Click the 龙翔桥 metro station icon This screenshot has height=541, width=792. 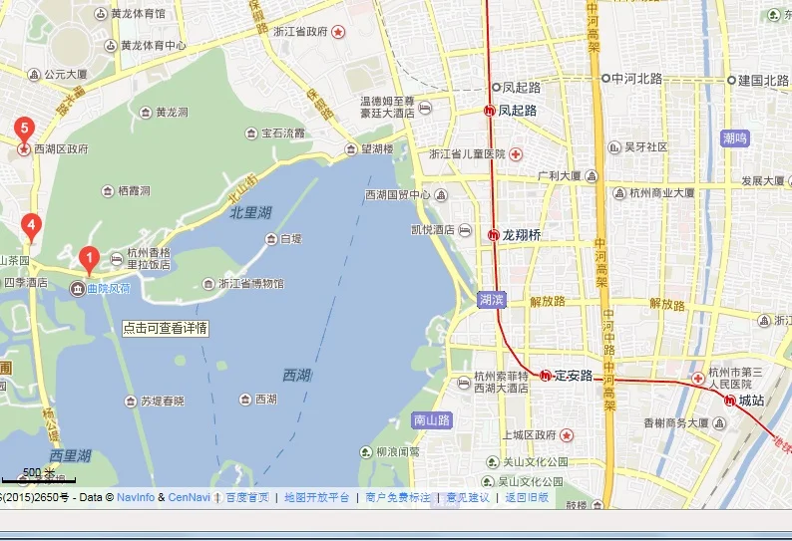click(493, 235)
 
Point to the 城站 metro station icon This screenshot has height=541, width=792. click(730, 401)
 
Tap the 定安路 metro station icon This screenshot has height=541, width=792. click(545, 376)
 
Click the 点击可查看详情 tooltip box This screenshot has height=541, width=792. click(166, 328)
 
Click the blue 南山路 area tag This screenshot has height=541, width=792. click(432, 420)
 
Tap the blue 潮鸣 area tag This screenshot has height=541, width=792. click(734, 137)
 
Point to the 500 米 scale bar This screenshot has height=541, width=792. click(38, 475)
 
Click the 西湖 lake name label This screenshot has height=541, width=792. click(296, 375)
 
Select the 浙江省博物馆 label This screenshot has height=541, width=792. click(250, 284)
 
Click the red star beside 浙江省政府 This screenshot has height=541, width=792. click(339, 32)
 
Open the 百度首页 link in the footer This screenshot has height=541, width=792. click(246, 497)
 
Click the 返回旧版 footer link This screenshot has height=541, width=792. click(527, 497)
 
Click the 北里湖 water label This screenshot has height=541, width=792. click(250, 212)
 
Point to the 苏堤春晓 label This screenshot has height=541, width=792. click(162, 402)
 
